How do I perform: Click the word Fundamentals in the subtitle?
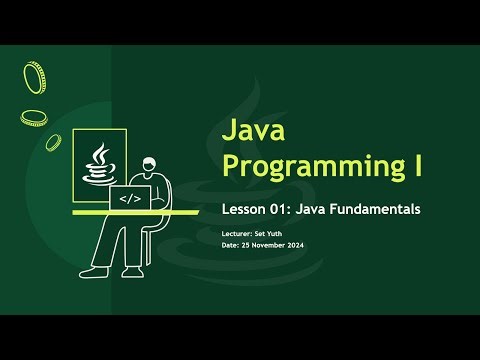coord(374,210)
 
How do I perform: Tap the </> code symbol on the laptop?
coord(130,198)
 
